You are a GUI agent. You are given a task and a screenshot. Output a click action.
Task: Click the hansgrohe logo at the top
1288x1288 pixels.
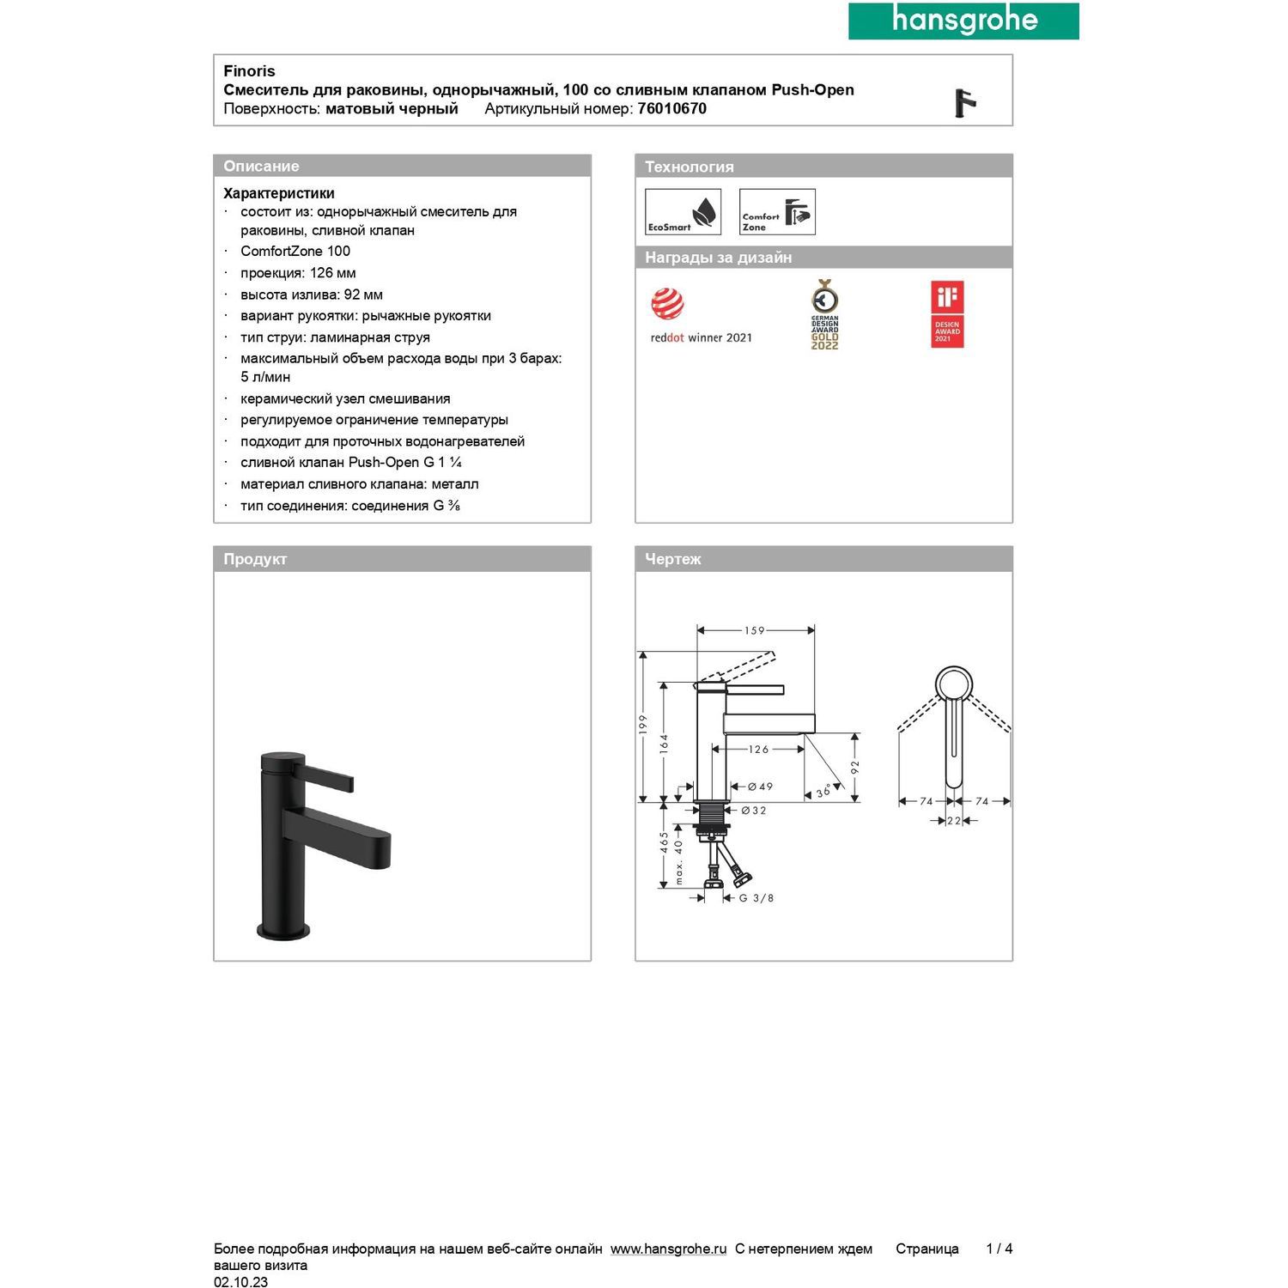(963, 21)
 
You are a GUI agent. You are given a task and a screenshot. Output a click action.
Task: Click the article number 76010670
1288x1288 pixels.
(671, 109)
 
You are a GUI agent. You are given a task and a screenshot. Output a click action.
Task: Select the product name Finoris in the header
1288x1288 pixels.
(249, 71)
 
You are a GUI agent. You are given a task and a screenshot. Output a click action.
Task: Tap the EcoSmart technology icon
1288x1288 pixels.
(683, 212)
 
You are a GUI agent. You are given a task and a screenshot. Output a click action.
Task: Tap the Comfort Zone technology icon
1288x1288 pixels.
(777, 212)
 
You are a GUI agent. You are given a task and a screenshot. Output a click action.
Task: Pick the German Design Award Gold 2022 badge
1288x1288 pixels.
(825, 314)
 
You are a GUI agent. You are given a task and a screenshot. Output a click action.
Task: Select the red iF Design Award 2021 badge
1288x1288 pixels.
(947, 314)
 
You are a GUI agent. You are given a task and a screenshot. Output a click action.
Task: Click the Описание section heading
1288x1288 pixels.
(261, 167)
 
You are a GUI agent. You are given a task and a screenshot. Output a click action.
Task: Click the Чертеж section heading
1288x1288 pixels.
(672, 559)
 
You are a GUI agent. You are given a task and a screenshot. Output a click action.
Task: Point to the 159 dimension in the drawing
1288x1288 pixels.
(754, 630)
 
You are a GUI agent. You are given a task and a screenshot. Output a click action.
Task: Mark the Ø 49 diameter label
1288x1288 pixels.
(760, 787)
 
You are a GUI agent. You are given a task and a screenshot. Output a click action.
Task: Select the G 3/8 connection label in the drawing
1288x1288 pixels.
(756, 898)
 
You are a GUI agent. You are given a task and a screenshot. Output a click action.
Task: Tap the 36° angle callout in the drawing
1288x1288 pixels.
(823, 791)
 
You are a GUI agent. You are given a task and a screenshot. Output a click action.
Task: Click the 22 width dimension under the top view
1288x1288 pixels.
(953, 821)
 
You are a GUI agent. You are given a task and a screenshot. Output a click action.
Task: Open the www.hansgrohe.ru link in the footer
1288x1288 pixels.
(668, 1249)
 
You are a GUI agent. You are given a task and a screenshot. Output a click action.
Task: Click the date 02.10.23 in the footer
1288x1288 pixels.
(240, 1282)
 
